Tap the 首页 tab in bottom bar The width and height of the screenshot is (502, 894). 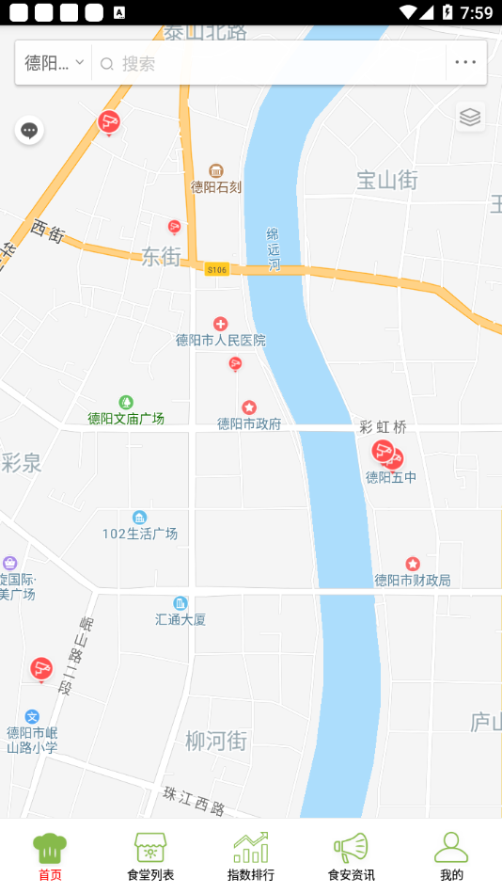(50, 855)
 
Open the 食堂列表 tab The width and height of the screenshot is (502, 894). (150, 855)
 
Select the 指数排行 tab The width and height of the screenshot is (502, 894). (251, 855)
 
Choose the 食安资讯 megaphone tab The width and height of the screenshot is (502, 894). (351, 855)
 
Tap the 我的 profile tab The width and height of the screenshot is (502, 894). (451, 855)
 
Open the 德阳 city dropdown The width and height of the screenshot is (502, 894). (55, 63)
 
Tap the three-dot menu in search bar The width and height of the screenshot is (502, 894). (465, 63)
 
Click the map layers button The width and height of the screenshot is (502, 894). (470, 117)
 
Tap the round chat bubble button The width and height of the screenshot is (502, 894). (29, 130)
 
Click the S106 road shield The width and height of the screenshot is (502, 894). (217, 269)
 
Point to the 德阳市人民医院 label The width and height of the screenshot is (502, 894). (221, 340)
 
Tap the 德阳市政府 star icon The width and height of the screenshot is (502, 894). (249, 407)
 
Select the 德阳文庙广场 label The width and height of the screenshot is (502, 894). (126, 418)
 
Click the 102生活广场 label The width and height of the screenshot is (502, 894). (140, 534)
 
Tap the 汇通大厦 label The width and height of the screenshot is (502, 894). (180, 619)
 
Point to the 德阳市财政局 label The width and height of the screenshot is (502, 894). (413, 580)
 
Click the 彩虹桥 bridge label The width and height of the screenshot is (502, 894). (384, 427)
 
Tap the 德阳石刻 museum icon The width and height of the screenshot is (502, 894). (216, 170)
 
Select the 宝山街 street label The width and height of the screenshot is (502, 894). (387, 180)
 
